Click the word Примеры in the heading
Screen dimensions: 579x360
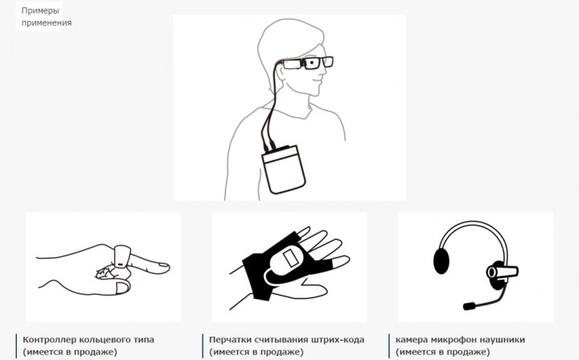(x=40, y=10)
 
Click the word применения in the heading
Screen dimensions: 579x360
(x=47, y=22)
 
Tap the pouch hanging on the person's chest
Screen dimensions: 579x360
(x=284, y=170)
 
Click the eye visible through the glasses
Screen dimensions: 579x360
(x=312, y=63)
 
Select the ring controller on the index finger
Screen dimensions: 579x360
(x=122, y=256)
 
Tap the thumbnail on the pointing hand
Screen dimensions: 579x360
(x=122, y=288)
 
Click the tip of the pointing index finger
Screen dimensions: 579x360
(x=168, y=266)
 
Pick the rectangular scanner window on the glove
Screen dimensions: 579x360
(x=291, y=258)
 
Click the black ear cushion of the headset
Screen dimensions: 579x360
(x=441, y=261)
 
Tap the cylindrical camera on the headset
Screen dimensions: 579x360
(x=502, y=272)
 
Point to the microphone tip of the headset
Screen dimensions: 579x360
(x=469, y=306)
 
